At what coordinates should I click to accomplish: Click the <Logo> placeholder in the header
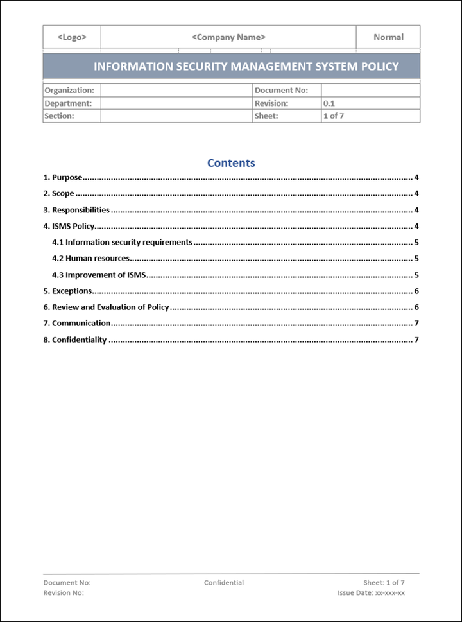coord(72,37)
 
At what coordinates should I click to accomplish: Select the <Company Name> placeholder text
coord(228,37)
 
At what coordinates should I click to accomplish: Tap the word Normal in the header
coord(388,37)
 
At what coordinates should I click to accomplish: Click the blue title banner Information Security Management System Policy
coord(246,66)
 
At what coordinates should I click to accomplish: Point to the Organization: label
coord(69,91)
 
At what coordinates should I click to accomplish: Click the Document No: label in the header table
coord(281,91)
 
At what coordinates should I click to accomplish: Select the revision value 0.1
coord(329,103)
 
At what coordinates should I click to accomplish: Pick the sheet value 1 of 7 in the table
coord(334,116)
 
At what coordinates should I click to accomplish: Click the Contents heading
coord(231,163)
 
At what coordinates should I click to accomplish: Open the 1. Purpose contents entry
coord(63,178)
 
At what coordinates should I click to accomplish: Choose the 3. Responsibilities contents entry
coord(76,210)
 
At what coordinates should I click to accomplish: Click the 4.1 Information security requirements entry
coord(122,243)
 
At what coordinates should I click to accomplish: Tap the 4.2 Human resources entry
coord(90,259)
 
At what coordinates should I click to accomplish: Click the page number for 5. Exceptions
coord(416,291)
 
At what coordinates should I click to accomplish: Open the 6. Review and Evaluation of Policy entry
coord(106,307)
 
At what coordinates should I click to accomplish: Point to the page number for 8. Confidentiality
coord(416,340)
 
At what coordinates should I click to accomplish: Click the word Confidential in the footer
coord(224,583)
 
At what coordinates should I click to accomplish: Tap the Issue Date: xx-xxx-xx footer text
coord(371,593)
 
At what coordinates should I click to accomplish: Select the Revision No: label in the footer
coord(64,593)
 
